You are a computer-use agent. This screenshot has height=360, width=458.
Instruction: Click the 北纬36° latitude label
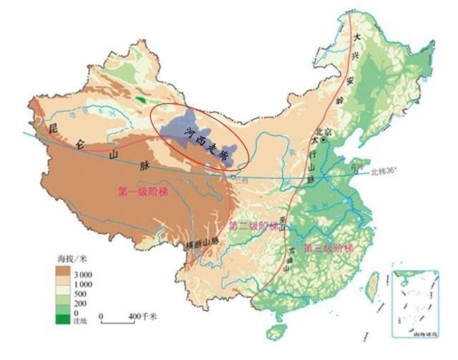click(x=386, y=172)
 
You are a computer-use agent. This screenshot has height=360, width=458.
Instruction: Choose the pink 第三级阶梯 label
click(x=328, y=248)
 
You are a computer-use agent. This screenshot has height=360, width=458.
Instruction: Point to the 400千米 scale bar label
click(x=143, y=316)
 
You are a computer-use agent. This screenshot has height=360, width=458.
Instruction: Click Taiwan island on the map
click(x=371, y=285)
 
